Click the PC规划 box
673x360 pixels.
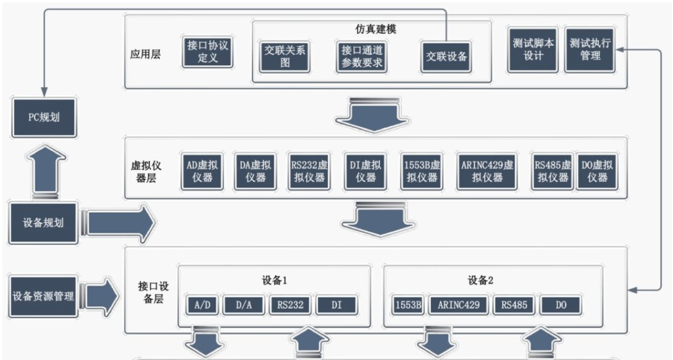click(44, 117)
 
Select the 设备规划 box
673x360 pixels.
click(43, 223)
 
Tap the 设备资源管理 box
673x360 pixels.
click(43, 296)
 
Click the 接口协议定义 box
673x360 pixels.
click(208, 52)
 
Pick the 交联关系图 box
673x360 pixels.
click(285, 56)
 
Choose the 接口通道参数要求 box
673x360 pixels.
click(362, 56)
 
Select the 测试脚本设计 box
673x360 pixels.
click(533, 49)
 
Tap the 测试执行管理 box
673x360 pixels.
click(590, 49)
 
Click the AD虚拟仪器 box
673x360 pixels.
click(202, 171)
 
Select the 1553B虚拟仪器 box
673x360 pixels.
click(422, 171)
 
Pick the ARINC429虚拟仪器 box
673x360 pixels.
click(487, 171)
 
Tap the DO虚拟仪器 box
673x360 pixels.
click(597, 171)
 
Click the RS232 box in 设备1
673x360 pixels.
click(290, 305)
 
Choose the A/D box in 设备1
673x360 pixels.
click(202, 305)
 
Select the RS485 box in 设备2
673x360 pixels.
click(514, 305)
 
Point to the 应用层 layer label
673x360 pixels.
click(145, 54)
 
